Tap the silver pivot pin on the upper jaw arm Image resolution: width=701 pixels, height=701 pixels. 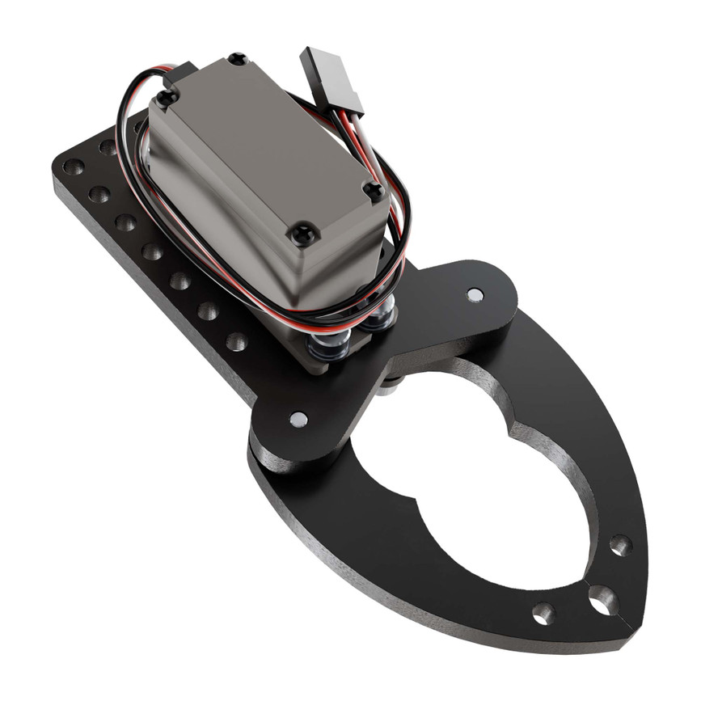coord(475,294)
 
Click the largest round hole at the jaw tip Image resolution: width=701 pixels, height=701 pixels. coord(602,599)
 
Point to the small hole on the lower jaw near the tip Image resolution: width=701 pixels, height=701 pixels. coord(543,611)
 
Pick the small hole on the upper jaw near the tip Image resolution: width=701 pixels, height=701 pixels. coord(620,545)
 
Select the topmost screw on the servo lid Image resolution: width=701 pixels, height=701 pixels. coord(237,59)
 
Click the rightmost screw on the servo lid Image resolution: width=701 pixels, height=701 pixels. coord(374,192)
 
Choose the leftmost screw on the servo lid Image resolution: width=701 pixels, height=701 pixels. coord(167,99)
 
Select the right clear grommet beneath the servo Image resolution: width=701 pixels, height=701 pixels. coord(379,319)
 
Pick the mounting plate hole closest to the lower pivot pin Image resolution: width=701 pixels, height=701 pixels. coord(236,341)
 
